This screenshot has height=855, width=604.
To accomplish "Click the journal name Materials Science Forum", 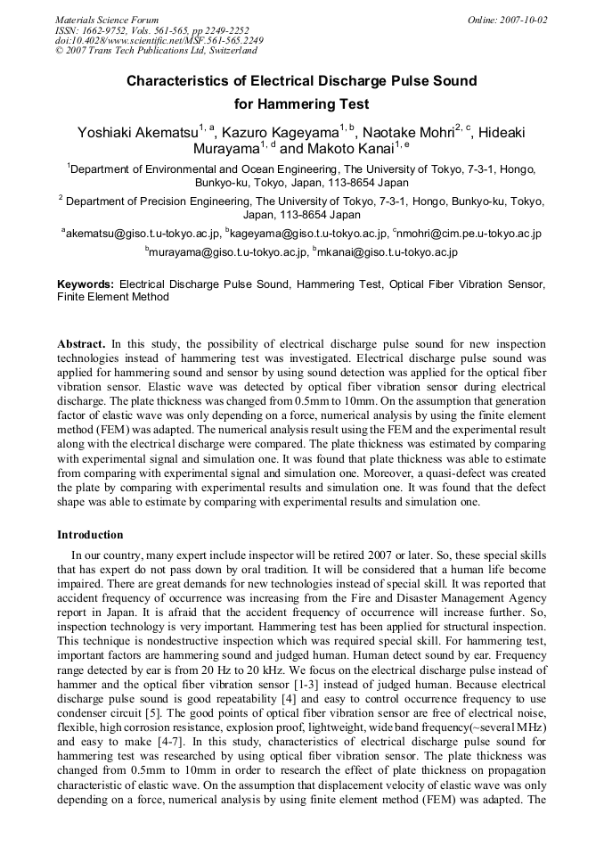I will tap(107, 20).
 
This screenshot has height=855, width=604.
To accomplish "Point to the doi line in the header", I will tap(159, 41).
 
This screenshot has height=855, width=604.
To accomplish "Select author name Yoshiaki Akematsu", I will tap(138, 134).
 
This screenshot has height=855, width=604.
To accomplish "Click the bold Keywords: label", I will tap(86, 284).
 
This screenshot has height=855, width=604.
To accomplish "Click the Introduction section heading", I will tap(90, 535).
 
